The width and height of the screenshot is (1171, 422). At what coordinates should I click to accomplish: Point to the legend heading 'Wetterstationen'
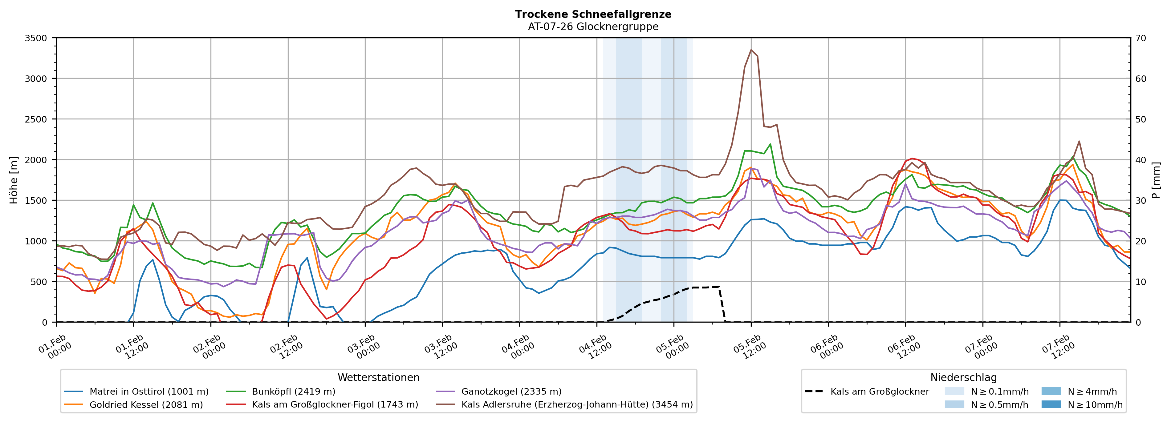pos(378,377)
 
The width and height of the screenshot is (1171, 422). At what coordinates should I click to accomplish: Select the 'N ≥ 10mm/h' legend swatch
pos(1051,404)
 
